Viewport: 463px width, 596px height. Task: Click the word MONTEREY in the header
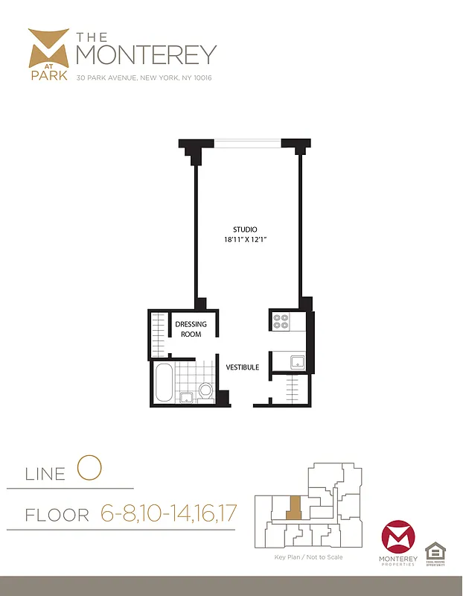(147, 54)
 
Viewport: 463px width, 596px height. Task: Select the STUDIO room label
(245, 229)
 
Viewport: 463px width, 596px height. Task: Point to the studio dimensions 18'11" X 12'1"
(245, 240)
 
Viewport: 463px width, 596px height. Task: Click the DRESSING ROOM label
(191, 329)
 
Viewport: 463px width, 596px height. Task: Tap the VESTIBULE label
(243, 367)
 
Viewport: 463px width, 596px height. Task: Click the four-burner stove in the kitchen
(281, 321)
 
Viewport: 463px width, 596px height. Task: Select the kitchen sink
(296, 362)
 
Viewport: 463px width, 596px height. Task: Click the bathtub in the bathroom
(164, 383)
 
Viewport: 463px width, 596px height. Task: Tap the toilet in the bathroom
(205, 390)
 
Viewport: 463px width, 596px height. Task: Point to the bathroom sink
(186, 396)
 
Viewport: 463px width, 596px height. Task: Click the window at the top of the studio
(246, 142)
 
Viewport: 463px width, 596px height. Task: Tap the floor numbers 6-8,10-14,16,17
(167, 514)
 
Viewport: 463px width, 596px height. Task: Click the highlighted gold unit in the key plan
(295, 509)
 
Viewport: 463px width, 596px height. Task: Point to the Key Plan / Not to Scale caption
(309, 557)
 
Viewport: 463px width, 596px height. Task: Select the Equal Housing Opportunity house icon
(435, 552)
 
